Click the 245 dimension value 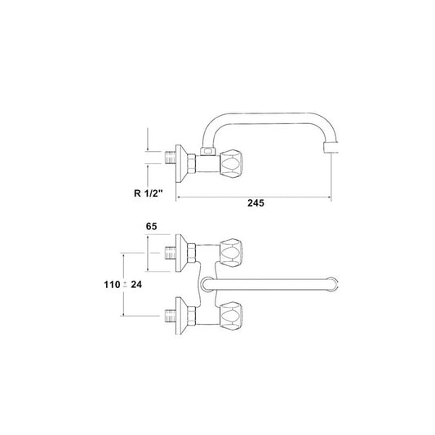255,203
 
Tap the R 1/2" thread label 148,193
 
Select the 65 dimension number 152,226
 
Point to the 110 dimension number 112,284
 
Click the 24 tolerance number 136,284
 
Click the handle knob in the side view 232,163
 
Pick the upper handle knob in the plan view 231,252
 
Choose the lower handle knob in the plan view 231,316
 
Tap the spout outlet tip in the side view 331,148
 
